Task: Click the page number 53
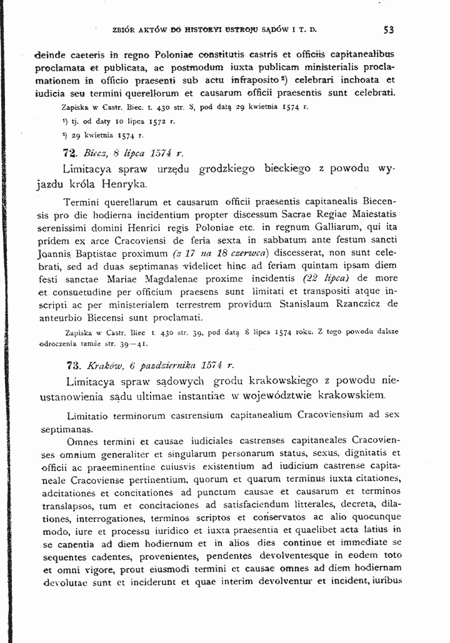click(389, 29)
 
